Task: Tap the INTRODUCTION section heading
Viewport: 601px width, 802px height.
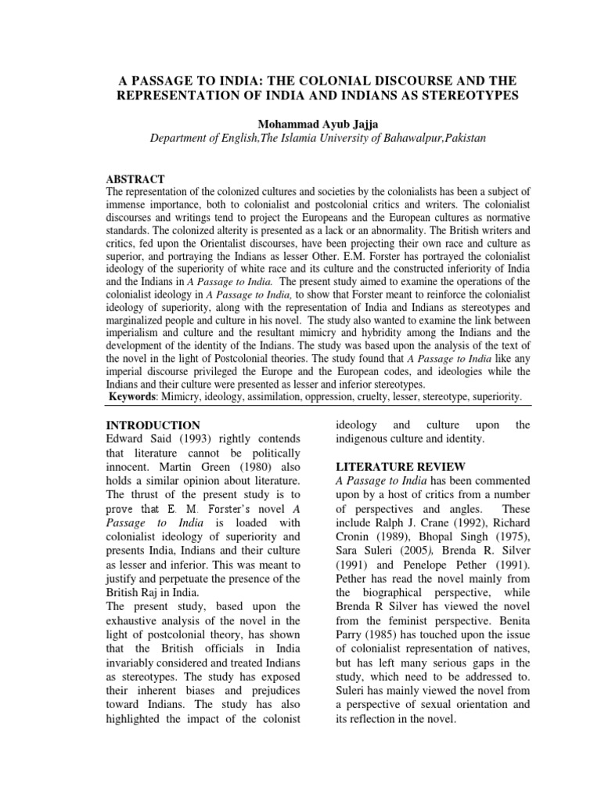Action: [153, 425]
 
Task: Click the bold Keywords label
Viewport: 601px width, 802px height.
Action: [133, 398]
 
